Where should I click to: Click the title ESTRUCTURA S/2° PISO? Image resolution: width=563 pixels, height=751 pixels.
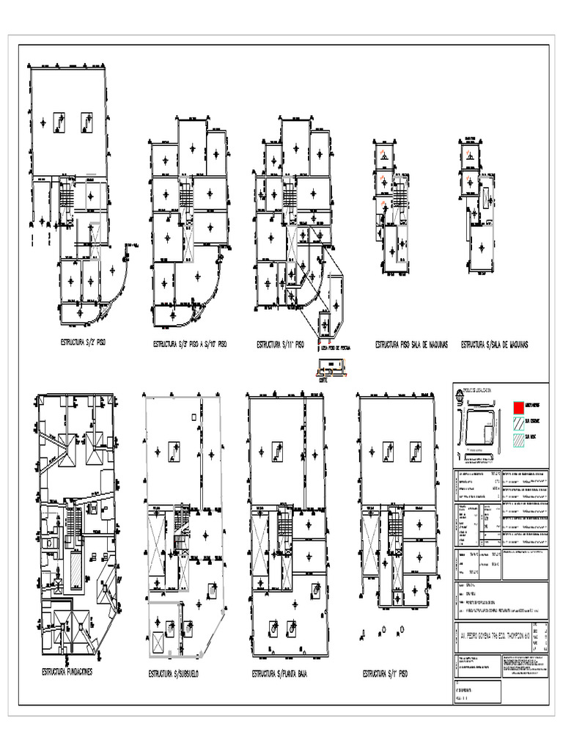83,342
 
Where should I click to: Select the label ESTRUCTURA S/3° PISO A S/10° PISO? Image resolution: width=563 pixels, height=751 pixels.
189,343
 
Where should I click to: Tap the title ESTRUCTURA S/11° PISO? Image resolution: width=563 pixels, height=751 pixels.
279,343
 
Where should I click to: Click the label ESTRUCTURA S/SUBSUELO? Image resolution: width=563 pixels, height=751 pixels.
173,673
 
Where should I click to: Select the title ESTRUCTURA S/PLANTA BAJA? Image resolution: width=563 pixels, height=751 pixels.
279,673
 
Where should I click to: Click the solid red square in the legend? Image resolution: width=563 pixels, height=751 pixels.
518,406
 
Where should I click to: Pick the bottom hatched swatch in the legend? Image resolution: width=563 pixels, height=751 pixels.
518,441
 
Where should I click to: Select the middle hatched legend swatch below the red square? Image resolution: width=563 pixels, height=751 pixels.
518,423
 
